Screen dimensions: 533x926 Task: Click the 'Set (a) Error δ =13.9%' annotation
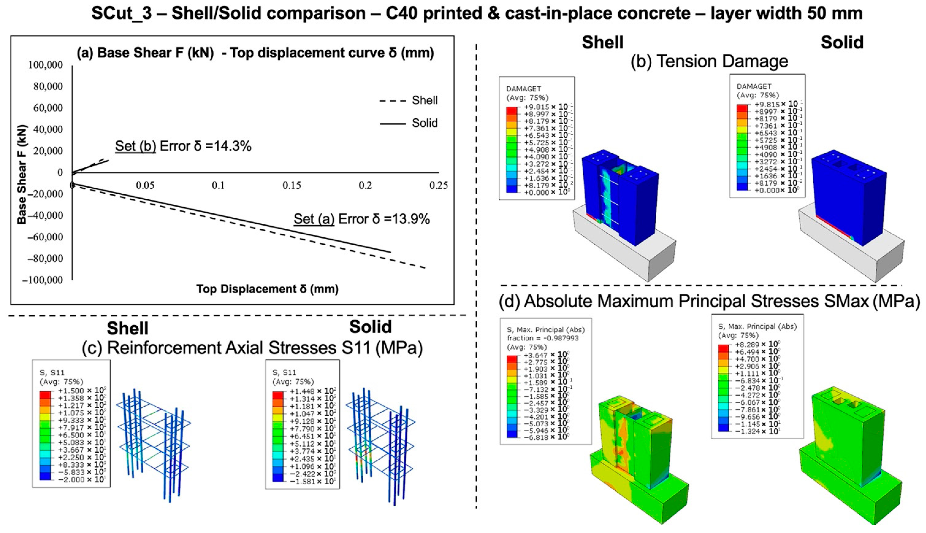tap(361, 219)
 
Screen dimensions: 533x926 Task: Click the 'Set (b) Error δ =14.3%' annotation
tap(183, 146)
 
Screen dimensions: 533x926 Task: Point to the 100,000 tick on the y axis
tap(45, 65)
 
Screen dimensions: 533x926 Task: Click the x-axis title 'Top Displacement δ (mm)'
tap(267, 289)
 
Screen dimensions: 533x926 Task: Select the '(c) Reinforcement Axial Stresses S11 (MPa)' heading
tap(252, 348)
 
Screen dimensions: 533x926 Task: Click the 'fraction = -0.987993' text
tap(543, 338)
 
